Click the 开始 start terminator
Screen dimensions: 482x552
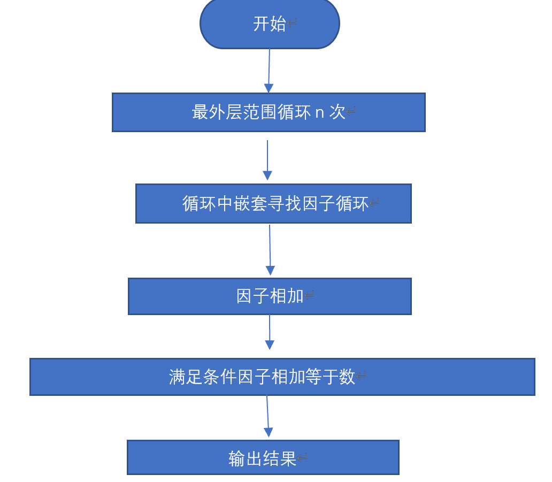point(270,24)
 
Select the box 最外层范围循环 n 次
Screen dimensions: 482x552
point(269,112)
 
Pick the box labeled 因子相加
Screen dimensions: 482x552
point(270,296)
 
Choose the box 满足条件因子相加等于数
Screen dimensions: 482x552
point(282,377)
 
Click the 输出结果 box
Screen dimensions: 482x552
point(263,457)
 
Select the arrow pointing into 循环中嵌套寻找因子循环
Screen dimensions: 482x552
point(267,160)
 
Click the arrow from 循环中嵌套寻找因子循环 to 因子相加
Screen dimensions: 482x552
point(270,249)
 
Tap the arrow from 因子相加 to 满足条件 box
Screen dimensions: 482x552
point(270,332)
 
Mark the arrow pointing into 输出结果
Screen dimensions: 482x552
point(268,416)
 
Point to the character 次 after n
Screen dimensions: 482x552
point(337,112)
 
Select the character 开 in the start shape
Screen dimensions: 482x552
point(261,24)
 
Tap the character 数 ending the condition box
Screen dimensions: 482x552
point(347,377)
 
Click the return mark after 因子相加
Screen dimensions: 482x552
point(309,296)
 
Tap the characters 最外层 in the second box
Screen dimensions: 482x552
point(217,112)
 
